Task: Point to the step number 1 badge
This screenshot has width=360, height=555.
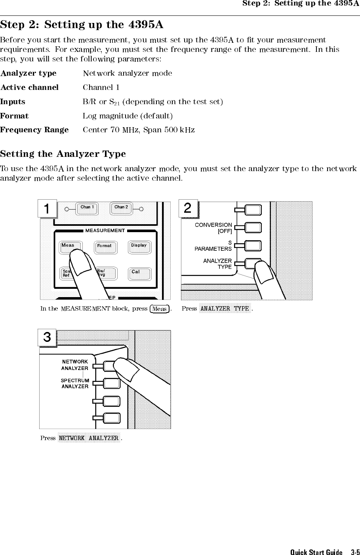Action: point(48,209)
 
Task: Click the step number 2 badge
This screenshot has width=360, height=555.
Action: point(188,208)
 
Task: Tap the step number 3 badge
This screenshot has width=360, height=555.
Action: point(47,338)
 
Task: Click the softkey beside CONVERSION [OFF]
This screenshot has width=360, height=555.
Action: point(253,228)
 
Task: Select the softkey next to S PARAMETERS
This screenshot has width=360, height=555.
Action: point(253,246)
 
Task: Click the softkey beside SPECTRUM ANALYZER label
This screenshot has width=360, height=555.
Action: point(111,383)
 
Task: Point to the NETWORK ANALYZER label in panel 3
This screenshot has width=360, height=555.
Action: point(75,365)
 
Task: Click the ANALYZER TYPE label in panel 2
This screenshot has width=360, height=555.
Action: point(217,264)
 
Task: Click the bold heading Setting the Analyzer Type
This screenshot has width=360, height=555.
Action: point(63,154)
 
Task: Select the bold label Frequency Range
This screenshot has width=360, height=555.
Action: point(34,130)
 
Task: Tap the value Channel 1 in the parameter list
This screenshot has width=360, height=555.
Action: point(101,87)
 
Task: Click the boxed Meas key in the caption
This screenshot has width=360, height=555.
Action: point(160,309)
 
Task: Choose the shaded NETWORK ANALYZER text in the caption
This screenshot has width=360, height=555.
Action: point(89,438)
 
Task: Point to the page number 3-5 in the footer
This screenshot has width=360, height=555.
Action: point(355,552)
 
